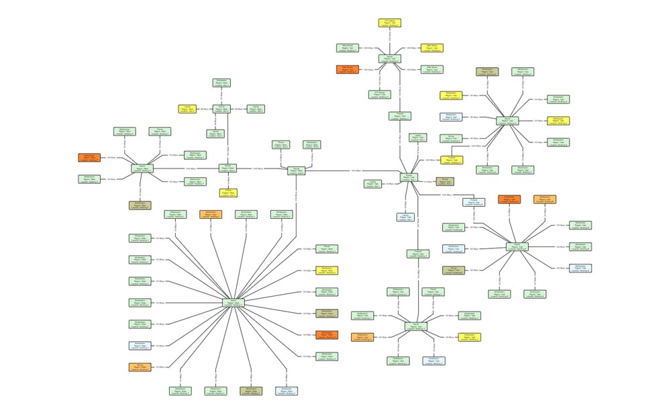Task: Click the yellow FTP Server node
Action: pyautogui.click(x=390, y=23)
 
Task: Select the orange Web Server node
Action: pyautogui.click(x=347, y=69)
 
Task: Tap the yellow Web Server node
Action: pyautogui.click(x=431, y=48)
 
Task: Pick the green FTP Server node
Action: pyautogui.click(x=379, y=95)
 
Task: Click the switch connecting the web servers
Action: pyautogui.click(x=390, y=59)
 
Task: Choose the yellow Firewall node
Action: pyautogui.click(x=451, y=160)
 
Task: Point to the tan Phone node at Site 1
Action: pyautogui.click(x=444, y=181)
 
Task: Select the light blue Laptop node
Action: pyautogui.click(x=406, y=217)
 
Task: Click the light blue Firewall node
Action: pyautogui.click(x=474, y=202)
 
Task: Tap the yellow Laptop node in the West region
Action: pyautogui.click(x=187, y=109)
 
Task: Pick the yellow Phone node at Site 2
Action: pyautogui.click(x=227, y=193)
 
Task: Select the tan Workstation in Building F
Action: pyautogui.click(x=140, y=205)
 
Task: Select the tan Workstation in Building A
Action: pyautogui.click(x=487, y=71)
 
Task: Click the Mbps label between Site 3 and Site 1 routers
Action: pyautogui.click(x=356, y=171)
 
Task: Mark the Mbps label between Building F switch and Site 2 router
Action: pyautogui.click(x=191, y=169)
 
